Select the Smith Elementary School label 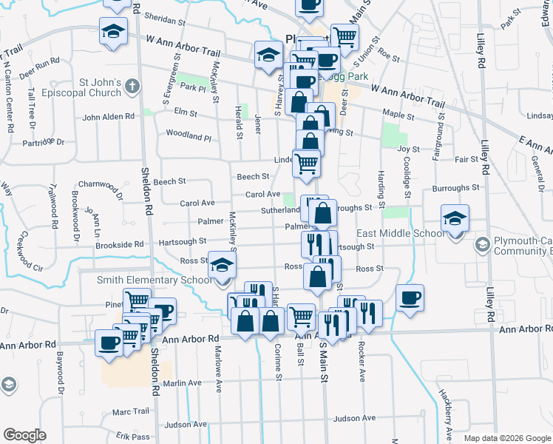pos(155,280)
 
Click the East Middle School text pos(400,234)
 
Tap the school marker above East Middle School pos(455,218)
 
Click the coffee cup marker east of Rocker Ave pos(410,297)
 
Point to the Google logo pos(24,435)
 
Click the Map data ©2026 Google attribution pos(507,438)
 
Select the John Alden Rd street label pos(109,117)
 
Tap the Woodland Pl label pos(189,137)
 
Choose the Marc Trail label pos(131,412)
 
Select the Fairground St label pos(441,126)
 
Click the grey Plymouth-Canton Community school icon pos(482,244)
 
